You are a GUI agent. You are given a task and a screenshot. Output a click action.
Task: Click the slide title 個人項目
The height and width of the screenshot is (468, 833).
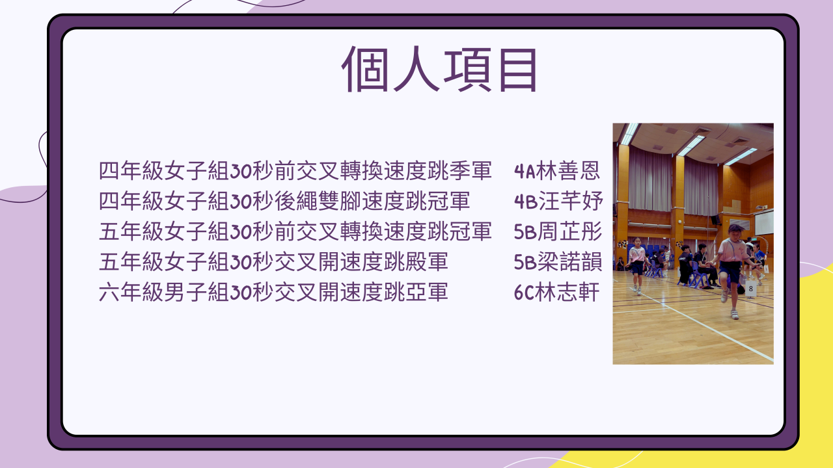pos(439,70)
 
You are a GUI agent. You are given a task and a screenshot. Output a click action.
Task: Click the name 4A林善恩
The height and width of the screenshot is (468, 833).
pos(556,171)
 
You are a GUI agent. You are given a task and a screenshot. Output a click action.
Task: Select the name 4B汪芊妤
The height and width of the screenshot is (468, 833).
pos(558,201)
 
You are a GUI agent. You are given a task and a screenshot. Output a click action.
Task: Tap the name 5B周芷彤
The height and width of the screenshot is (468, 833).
pos(558,231)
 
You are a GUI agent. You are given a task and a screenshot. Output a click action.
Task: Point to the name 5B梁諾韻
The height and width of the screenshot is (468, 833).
pos(558,262)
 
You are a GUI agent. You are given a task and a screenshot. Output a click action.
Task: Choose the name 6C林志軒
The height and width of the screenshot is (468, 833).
pos(556,292)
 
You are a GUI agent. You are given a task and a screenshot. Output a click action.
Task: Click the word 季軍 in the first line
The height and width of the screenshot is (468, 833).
pos(471,171)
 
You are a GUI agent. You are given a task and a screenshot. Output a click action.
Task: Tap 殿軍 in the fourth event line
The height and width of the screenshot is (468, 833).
pos(426,262)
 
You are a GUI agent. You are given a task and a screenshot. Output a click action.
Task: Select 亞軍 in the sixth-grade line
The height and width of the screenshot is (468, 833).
pos(426,292)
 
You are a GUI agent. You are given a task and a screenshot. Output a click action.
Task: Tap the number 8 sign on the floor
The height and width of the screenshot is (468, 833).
pos(750,289)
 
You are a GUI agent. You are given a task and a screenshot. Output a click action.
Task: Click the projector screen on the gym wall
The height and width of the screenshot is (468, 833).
pos(764,222)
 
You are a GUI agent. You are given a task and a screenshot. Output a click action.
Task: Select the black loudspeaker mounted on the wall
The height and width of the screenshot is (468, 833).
pos(715,220)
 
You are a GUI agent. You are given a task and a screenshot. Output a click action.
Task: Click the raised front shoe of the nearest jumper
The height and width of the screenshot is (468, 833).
pos(724,296)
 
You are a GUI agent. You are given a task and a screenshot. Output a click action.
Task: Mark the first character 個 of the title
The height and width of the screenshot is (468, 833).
pos(365,70)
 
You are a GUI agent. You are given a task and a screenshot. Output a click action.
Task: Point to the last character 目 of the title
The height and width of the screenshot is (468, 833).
pos(518,70)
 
